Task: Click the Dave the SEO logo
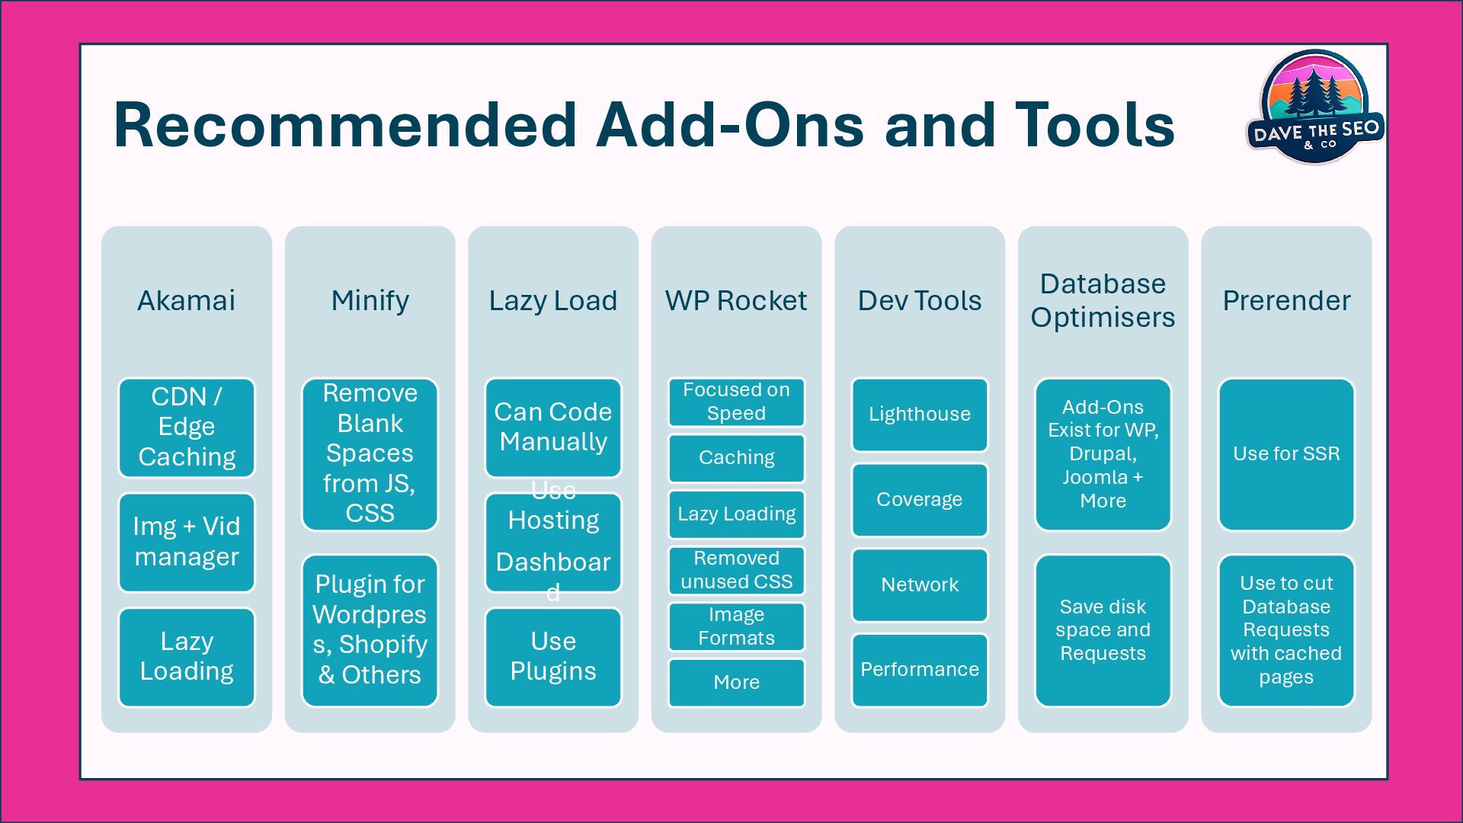click(1314, 107)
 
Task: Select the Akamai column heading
click(186, 300)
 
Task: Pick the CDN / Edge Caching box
click(187, 427)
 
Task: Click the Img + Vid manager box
click(187, 542)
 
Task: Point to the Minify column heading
click(370, 300)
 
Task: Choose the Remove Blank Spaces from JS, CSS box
click(370, 453)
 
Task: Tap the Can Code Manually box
click(553, 427)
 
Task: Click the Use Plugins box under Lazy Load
click(553, 656)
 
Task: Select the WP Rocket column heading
click(736, 300)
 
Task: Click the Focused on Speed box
click(736, 402)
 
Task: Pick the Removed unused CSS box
click(736, 570)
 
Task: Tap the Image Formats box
click(736, 626)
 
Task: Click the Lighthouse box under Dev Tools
click(920, 415)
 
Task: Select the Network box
click(920, 584)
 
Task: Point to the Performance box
click(920, 669)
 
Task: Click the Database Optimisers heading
click(1103, 300)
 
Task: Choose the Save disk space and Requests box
click(1103, 630)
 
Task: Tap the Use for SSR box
click(1286, 454)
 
